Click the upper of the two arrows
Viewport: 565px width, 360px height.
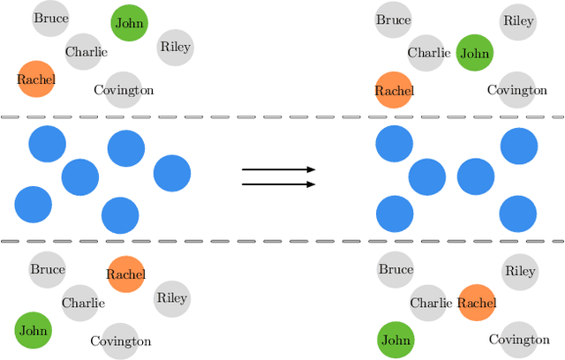pyautogui.click(x=278, y=169)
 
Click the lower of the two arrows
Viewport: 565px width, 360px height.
pyautogui.click(x=278, y=184)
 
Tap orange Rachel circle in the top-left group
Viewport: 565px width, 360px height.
pyautogui.click(x=36, y=79)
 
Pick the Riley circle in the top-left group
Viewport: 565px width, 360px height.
pyautogui.click(x=175, y=47)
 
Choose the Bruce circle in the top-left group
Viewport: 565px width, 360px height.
pyautogui.click(x=51, y=18)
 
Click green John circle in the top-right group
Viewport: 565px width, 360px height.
pyautogui.click(x=474, y=53)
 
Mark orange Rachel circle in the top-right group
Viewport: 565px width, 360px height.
pyautogui.click(x=394, y=90)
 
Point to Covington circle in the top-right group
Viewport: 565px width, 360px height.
pyautogui.click(x=517, y=90)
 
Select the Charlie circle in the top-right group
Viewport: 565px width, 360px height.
pyautogui.click(x=429, y=53)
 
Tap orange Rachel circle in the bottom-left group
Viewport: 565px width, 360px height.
pyautogui.click(x=125, y=274)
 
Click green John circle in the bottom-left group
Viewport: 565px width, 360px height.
pyautogui.click(x=34, y=331)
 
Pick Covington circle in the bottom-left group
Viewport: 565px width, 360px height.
pyautogui.click(x=120, y=341)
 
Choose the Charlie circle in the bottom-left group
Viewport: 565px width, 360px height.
pyautogui.click(x=83, y=303)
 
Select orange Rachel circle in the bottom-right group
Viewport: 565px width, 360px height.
pyautogui.click(x=477, y=304)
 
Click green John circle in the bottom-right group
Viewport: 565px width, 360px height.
pyautogui.click(x=395, y=340)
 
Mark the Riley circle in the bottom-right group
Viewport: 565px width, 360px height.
pyautogui.click(x=520, y=272)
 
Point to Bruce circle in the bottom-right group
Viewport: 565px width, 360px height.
pyautogui.click(x=395, y=269)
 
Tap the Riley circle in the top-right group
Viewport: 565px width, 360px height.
pyautogui.click(x=518, y=21)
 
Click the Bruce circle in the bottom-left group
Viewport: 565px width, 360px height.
pyautogui.click(x=48, y=268)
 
